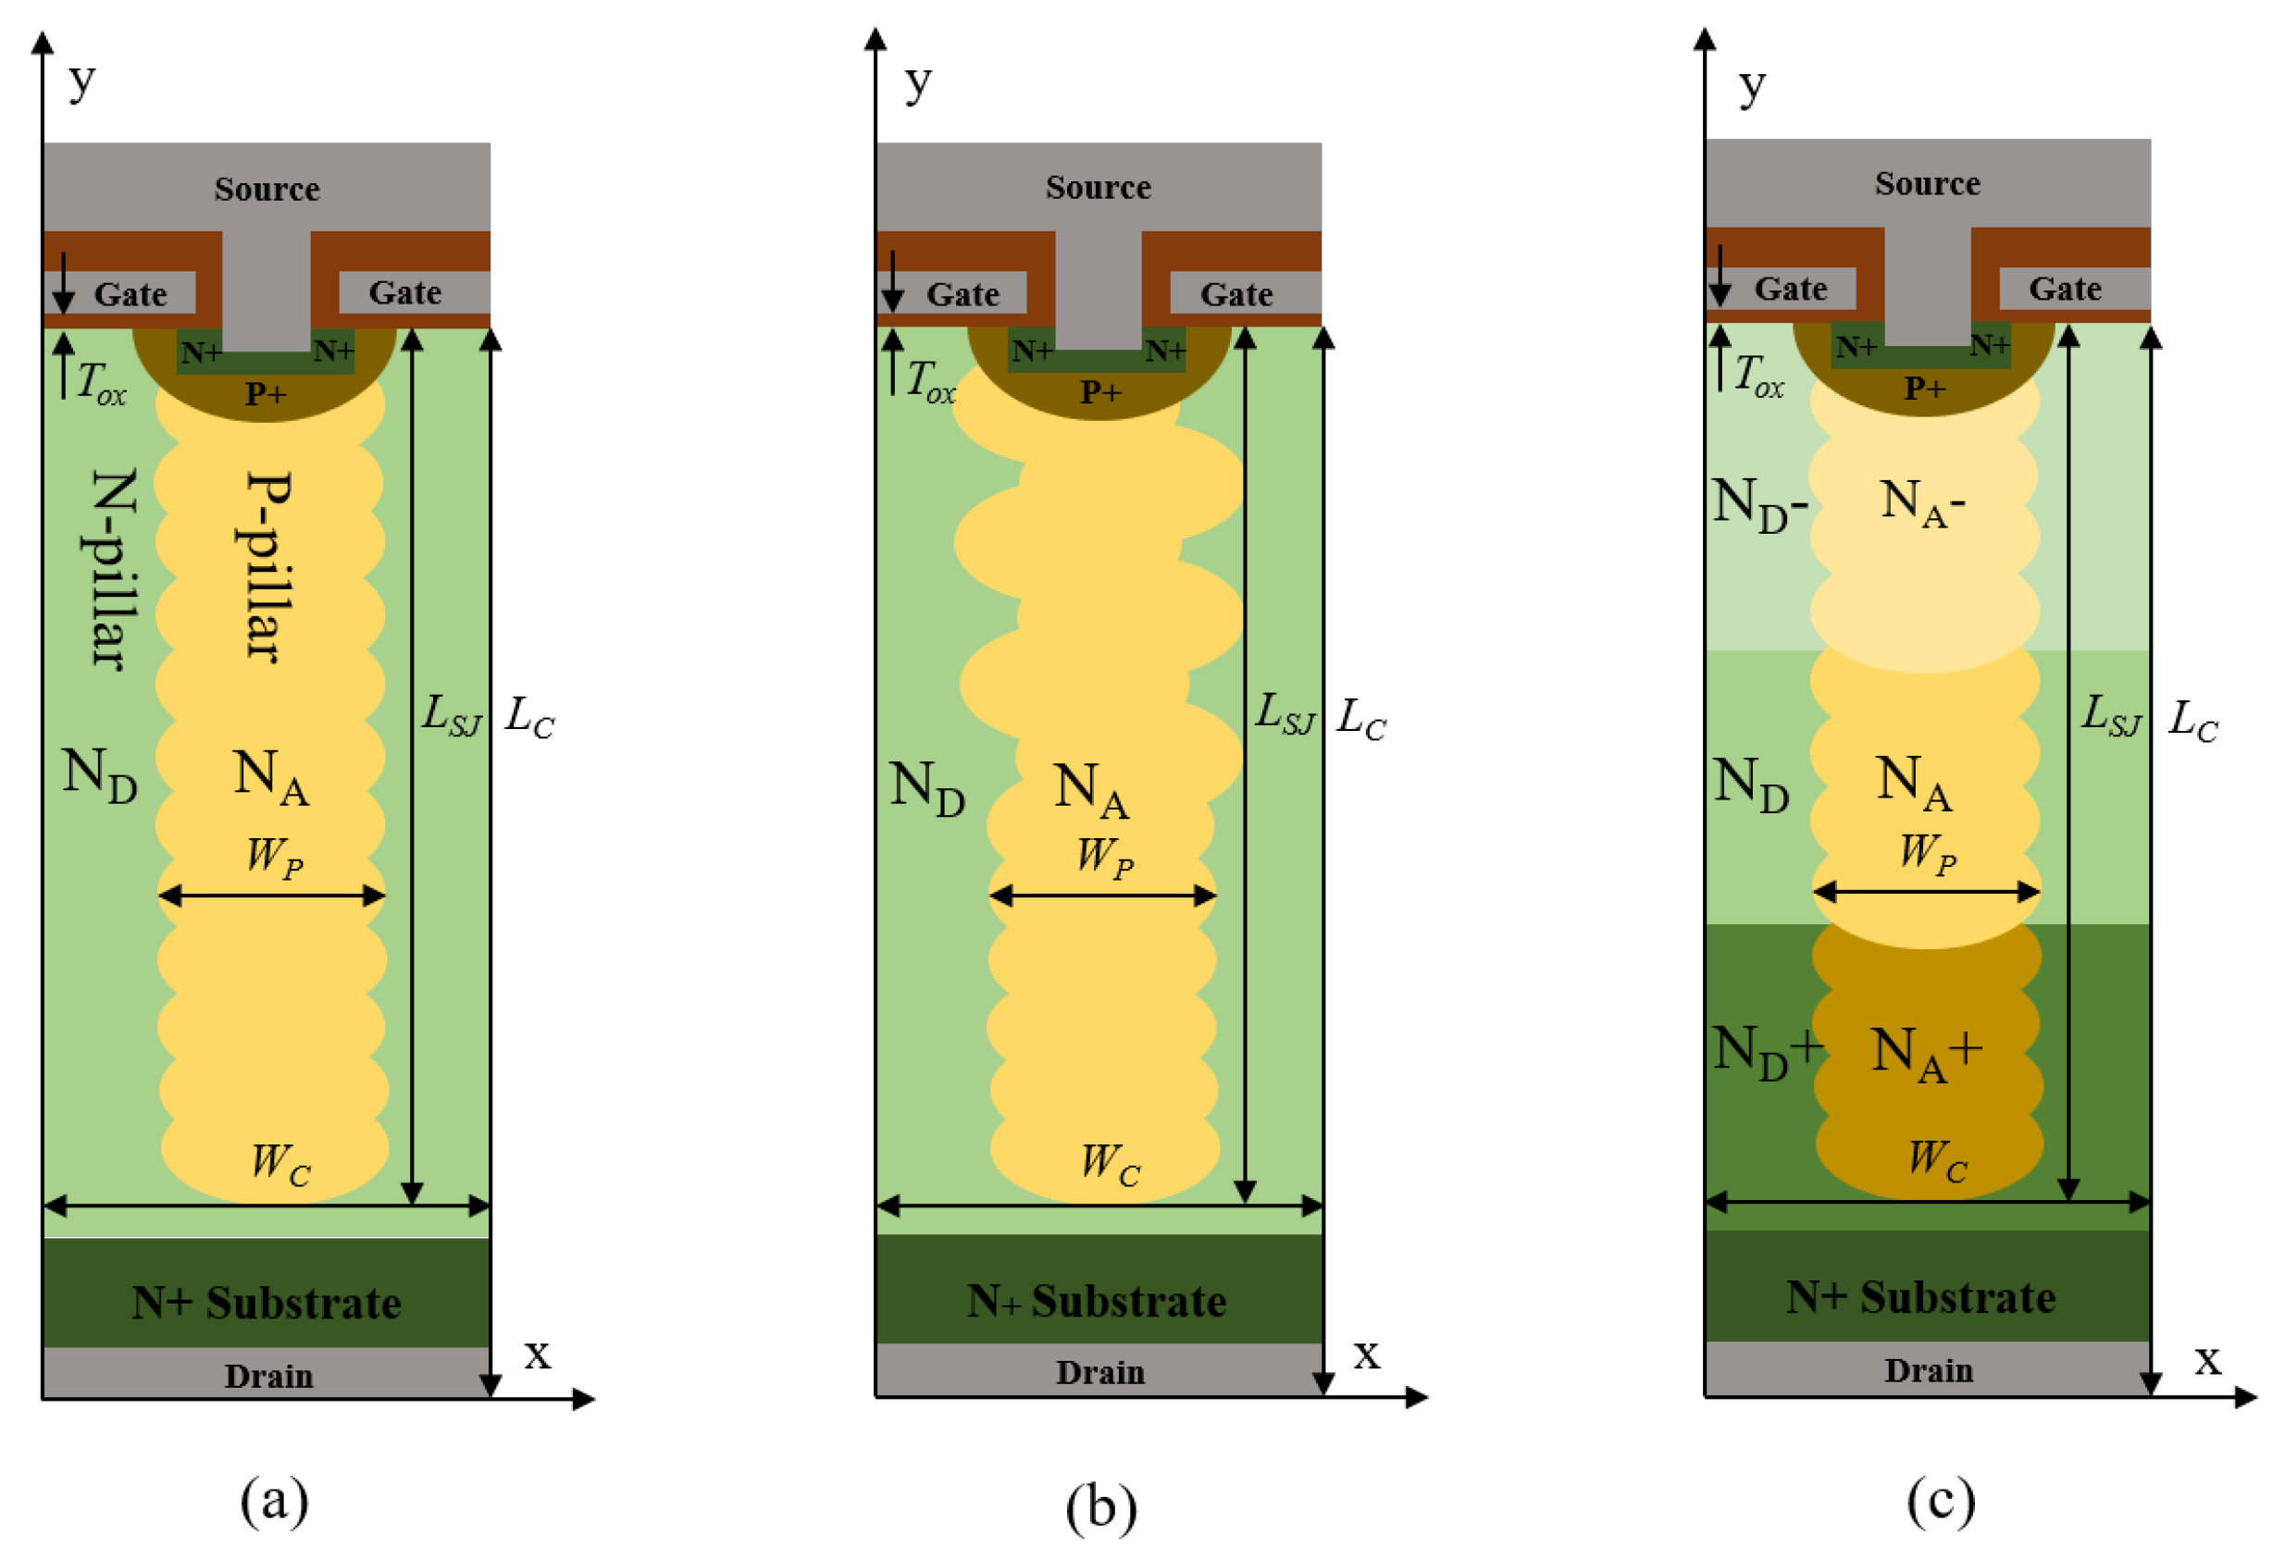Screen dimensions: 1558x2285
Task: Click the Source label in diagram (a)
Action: [267, 189]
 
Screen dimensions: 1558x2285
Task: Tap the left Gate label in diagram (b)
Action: [962, 294]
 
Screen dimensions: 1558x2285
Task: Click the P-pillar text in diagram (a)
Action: [267, 566]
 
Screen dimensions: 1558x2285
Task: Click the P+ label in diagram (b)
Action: [1099, 392]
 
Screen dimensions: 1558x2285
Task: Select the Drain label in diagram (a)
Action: [268, 1375]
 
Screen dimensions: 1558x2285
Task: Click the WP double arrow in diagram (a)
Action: [271, 895]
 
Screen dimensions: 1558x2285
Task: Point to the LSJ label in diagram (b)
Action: [1283, 713]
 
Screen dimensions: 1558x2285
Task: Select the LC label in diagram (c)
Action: [2192, 721]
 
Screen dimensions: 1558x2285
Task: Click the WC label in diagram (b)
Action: [1109, 1164]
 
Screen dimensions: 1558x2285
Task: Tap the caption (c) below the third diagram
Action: [1940, 1500]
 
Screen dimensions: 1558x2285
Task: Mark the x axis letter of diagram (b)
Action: [1366, 1354]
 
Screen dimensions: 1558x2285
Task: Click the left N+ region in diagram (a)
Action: [200, 352]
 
